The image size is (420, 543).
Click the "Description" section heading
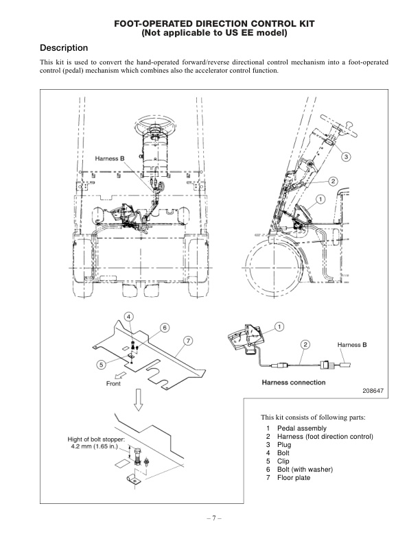tap(64, 48)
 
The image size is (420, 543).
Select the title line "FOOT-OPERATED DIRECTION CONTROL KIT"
tap(209, 23)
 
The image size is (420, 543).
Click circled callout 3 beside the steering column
tap(347, 156)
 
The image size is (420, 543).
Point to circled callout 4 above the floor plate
tap(129, 316)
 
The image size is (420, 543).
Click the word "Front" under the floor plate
tap(114, 385)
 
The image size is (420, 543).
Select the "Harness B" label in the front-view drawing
tap(109, 158)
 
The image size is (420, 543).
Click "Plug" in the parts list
tap(284, 445)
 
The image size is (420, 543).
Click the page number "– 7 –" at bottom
tap(209, 518)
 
